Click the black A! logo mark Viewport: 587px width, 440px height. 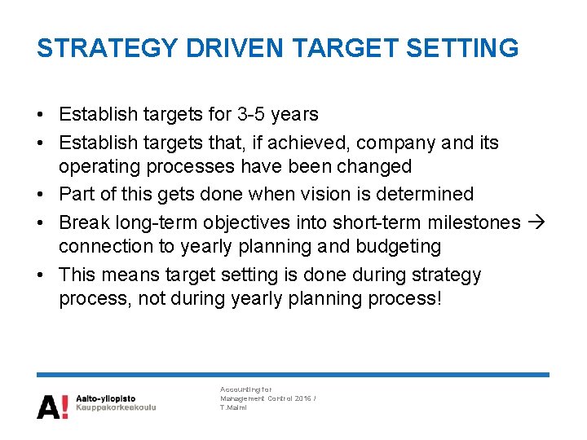click(x=52, y=406)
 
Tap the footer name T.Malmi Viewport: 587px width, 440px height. click(x=234, y=408)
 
